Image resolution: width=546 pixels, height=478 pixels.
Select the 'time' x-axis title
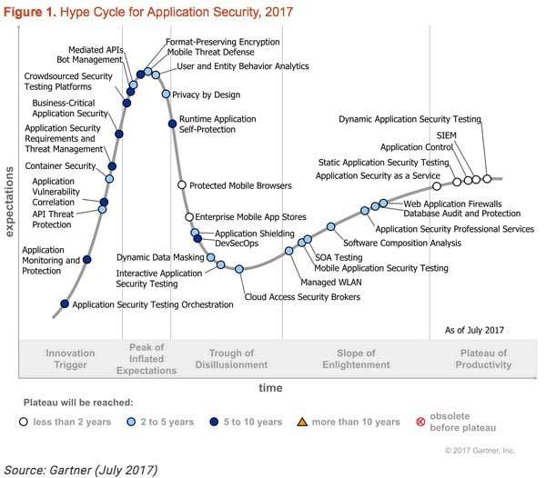click(270, 387)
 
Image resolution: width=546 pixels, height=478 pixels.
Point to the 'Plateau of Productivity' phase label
click(483, 358)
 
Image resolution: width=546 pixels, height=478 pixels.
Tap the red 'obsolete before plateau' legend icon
click(421, 422)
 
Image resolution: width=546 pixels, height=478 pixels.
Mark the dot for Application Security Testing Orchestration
click(64, 304)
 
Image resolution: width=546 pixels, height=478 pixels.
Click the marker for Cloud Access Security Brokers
click(239, 269)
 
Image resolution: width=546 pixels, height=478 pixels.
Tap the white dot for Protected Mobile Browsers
click(181, 185)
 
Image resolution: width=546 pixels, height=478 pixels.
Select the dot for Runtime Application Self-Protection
click(172, 124)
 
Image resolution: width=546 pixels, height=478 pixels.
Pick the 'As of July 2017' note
click(474, 330)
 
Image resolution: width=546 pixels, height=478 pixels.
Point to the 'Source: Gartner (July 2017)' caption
click(83, 469)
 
